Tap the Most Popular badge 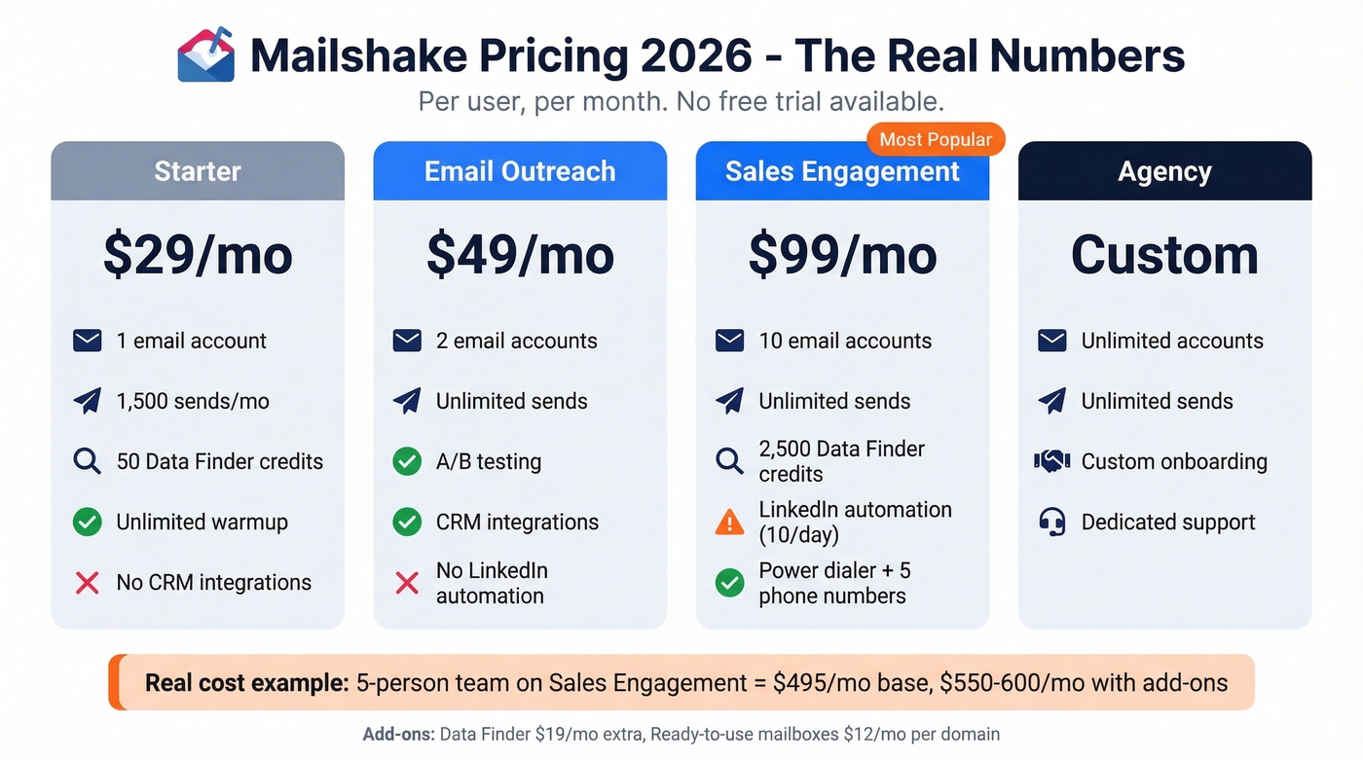pyautogui.click(x=935, y=139)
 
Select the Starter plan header pyautogui.click(x=198, y=171)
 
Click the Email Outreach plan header pyautogui.click(x=520, y=171)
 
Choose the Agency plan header pyautogui.click(x=1164, y=171)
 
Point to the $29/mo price pyautogui.click(x=198, y=255)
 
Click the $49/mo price pyautogui.click(x=520, y=255)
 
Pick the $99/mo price pyautogui.click(x=842, y=255)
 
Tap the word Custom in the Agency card pyautogui.click(x=1164, y=255)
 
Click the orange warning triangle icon pyautogui.click(x=729, y=523)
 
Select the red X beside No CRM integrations pyautogui.click(x=88, y=583)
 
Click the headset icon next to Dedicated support pyautogui.click(x=1051, y=523)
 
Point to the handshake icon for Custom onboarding pyautogui.click(x=1051, y=461)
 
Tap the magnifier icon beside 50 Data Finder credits pyautogui.click(x=88, y=461)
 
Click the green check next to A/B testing pyautogui.click(x=407, y=461)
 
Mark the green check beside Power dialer pyautogui.click(x=729, y=583)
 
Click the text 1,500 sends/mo pyautogui.click(x=193, y=401)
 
